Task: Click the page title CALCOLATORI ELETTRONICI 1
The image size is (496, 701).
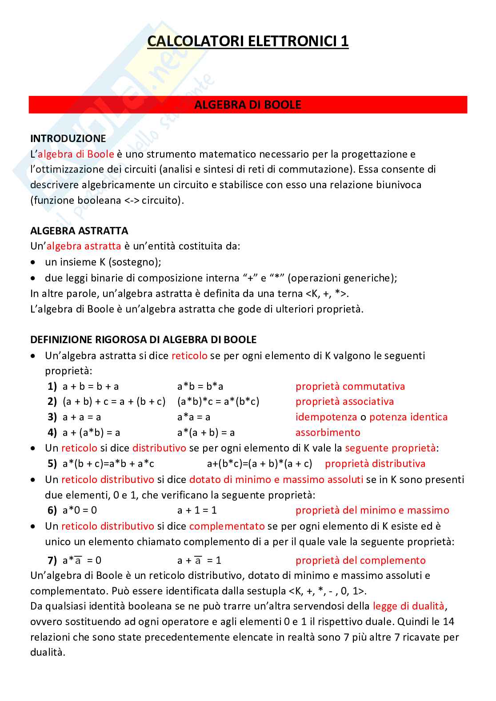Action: tap(248, 41)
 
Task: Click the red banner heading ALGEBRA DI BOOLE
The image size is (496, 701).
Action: tap(248, 105)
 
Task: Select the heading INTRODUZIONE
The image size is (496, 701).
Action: tap(68, 139)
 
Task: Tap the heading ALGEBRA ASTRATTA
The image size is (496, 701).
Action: tap(79, 231)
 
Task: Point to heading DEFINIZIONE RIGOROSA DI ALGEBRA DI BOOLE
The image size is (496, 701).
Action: tap(143, 340)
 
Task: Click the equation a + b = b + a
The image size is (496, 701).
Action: tap(91, 386)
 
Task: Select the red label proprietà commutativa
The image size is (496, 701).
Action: tap(350, 386)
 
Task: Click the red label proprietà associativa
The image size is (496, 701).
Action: tap(344, 401)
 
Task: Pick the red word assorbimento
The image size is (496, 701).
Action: tap(328, 432)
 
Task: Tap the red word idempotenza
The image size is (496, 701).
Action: tap(326, 417)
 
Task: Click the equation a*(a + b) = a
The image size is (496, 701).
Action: tap(206, 432)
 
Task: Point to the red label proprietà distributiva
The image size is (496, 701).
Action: tap(375, 463)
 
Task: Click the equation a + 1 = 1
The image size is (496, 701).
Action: tap(197, 510)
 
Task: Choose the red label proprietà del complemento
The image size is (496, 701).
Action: tap(360, 560)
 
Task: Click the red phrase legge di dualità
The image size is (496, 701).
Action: tap(408, 606)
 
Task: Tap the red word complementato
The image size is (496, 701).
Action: tap(227, 526)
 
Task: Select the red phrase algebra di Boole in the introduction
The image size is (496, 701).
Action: tap(76, 154)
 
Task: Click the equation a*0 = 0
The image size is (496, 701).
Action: tap(80, 510)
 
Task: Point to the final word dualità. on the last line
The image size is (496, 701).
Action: tap(48, 652)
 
